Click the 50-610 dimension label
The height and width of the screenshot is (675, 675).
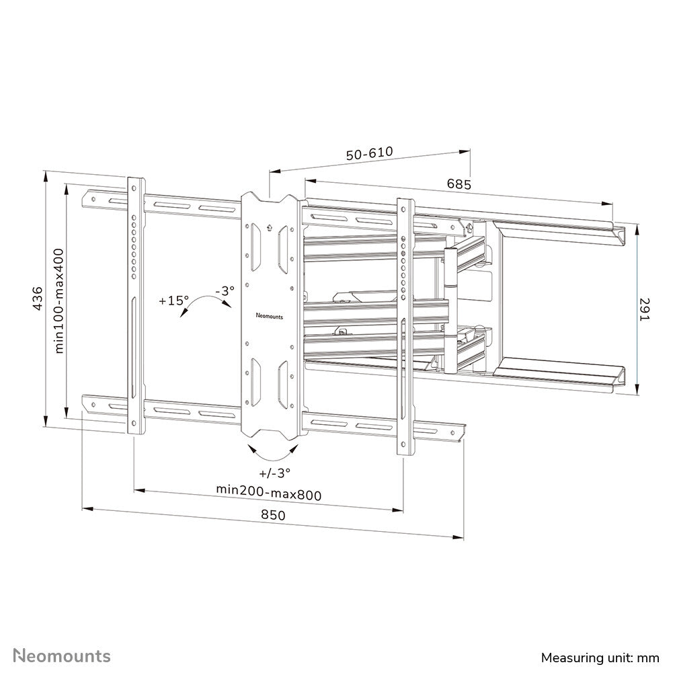369,154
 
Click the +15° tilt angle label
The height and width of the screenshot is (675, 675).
173,301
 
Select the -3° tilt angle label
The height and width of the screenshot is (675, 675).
225,291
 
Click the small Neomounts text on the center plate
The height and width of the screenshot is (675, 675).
270,314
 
